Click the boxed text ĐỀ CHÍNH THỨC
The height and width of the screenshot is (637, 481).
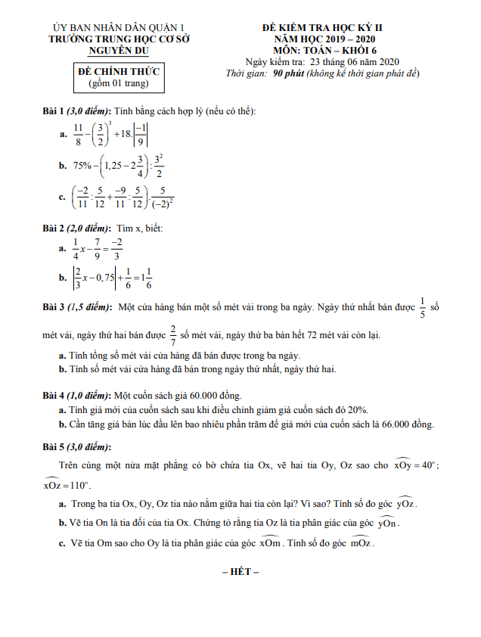(113, 70)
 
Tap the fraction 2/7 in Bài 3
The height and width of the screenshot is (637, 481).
(172, 334)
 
